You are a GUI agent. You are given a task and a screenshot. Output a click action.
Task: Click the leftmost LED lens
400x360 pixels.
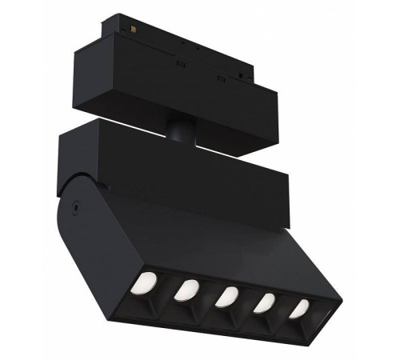coord(146,282)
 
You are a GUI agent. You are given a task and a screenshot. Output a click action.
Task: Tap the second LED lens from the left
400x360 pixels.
coord(189,288)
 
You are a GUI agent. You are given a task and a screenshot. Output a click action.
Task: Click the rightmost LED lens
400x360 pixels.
coord(299,308)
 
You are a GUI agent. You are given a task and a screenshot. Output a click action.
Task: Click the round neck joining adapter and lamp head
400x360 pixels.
coord(178,127)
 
